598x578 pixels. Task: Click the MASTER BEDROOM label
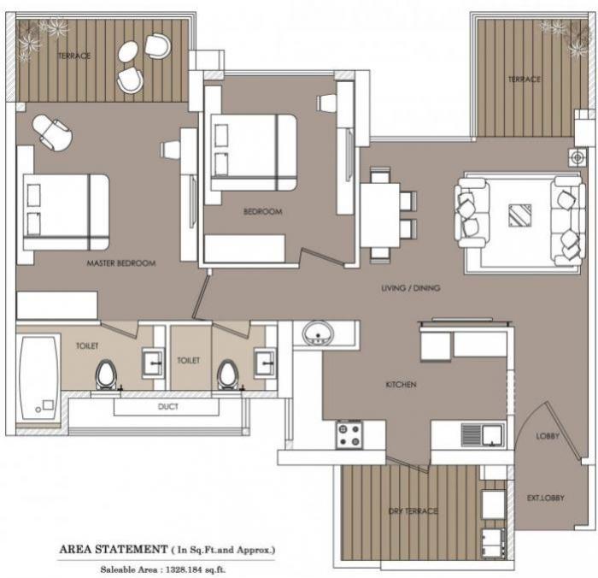point(121,263)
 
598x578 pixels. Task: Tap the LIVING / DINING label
point(410,288)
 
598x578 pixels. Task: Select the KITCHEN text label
point(401,385)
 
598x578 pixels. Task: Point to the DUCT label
point(168,407)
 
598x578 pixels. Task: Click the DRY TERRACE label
point(413,511)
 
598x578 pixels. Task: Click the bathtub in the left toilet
point(38,377)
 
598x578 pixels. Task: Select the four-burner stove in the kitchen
point(349,434)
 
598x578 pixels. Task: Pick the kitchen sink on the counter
point(482,435)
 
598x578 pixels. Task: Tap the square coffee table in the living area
point(519,215)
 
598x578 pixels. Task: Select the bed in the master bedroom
point(66,212)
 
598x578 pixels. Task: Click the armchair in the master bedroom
point(52,132)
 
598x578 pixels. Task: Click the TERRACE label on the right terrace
point(525,80)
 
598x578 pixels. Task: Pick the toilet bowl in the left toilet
point(106,374)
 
